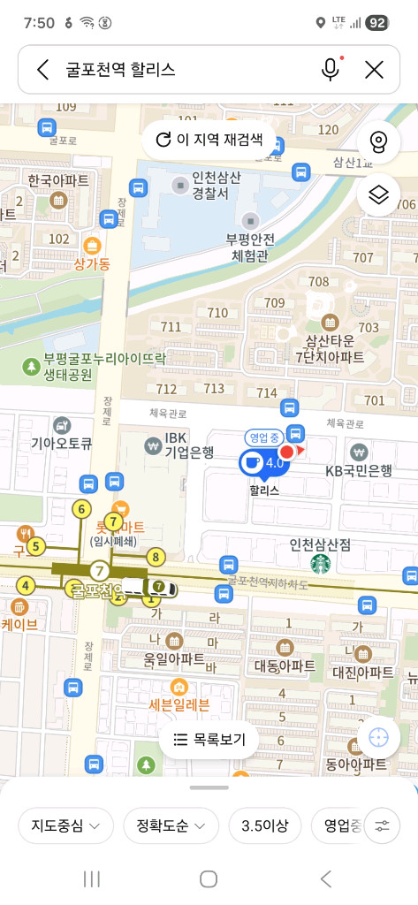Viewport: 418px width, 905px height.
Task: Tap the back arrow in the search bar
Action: [42, 70]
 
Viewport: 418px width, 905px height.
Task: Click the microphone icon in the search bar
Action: [331, 70]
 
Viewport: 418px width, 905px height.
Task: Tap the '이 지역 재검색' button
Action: [209, 140]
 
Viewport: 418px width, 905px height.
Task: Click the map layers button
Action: [378, 194]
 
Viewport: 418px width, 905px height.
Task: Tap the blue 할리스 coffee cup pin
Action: [252, 462]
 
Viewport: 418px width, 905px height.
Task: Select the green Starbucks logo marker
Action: [320, 563]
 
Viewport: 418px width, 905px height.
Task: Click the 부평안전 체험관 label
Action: [251, 247]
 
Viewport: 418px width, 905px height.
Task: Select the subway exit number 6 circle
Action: [81, 509]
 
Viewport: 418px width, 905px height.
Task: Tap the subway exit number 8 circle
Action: [156, 557]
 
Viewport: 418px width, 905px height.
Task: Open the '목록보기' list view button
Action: [209, 739]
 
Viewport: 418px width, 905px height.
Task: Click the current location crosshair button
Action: [378, 737]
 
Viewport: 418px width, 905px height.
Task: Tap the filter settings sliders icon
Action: [382, 826]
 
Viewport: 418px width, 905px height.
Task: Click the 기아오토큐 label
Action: [62, 444]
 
